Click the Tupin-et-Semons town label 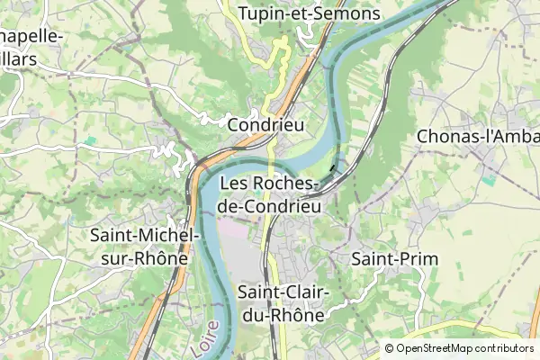point(309,14)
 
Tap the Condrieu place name point(266,124)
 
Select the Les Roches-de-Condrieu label point(270,194)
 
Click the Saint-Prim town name point(394,259)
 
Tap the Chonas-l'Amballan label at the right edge point(477,136)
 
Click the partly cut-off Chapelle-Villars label point(31,47)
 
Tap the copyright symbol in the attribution point(389,348)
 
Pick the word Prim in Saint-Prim point(418,259)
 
